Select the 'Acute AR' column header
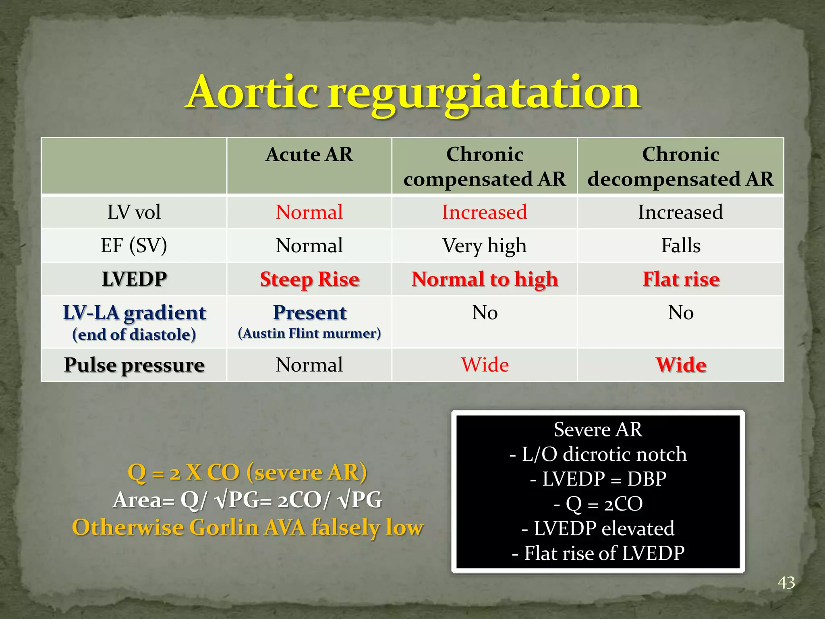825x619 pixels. [309, 155]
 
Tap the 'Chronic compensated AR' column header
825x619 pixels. [485, 166]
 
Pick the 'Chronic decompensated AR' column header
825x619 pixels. [680, 166]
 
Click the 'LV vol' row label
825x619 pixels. [134, 212]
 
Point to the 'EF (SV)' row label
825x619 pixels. [134, 246]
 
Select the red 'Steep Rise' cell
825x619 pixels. [309, 279]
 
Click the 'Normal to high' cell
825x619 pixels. [485, 279]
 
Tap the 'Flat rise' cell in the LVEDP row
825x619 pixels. [681, 279]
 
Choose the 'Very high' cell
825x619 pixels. [484, 246]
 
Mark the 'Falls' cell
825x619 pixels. [681, 246]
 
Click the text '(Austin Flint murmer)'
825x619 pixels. [309, 334]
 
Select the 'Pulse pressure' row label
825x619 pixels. [134, 365]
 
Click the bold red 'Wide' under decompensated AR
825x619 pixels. [681, 365]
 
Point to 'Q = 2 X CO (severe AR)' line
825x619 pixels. [247, 472]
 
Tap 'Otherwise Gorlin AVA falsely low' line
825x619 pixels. [247, 528]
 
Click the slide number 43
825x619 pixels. [786, 583]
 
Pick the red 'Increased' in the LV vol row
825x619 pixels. [485, 212]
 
